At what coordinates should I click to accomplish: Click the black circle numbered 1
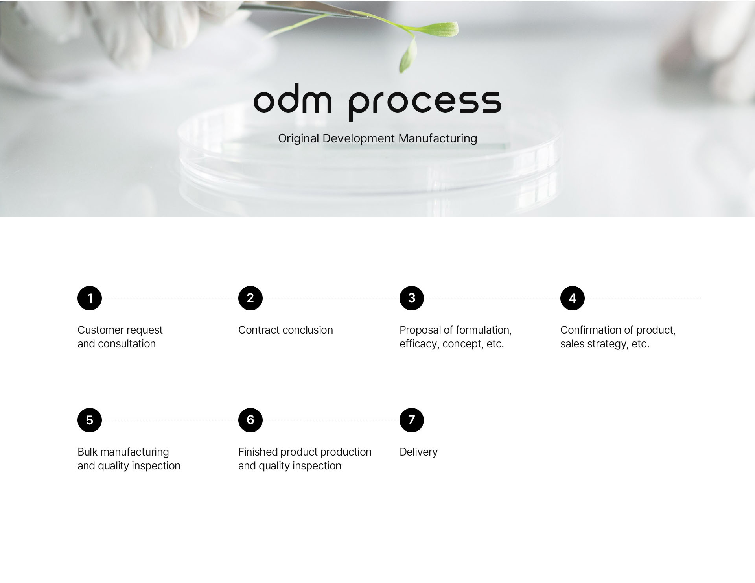point(90,298)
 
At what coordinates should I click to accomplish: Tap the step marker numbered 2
point(250,298)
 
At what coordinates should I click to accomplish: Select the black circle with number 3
point(412,298)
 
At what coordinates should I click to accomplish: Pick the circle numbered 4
point(573,298)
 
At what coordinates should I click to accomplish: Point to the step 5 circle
point(90,420)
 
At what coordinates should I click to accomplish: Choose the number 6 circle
point(250,420)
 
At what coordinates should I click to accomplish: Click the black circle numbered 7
point(412,420)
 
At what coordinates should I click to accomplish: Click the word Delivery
point(418,452)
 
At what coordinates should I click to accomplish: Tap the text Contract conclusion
point(285,330)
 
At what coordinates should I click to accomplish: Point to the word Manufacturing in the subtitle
point(438,138)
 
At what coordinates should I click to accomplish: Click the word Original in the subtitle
point(298,138)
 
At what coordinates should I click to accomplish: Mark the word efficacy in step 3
point(420,344)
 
